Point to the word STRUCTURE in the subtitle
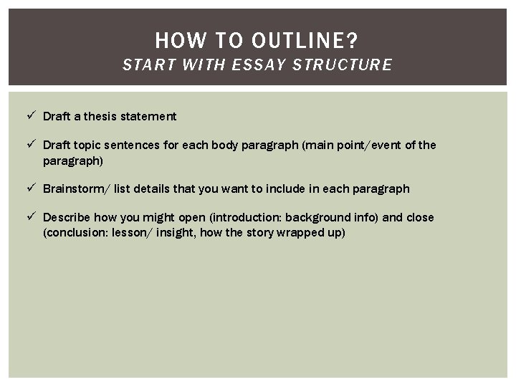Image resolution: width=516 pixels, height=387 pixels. tap(348, 65)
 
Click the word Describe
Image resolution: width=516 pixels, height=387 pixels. tap(65, 218)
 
